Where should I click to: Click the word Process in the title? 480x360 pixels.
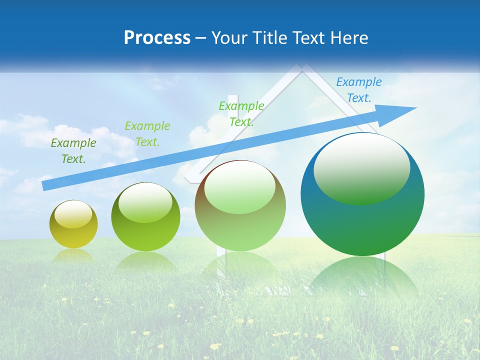coord(157,38)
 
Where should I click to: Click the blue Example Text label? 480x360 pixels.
coord(358,90)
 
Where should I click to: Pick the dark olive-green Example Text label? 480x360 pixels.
coord(73,151)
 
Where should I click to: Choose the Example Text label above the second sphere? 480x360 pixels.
coord(147,133)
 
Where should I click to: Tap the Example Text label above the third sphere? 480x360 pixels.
coord(241,113)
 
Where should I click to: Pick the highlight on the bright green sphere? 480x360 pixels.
coord(145,202)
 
